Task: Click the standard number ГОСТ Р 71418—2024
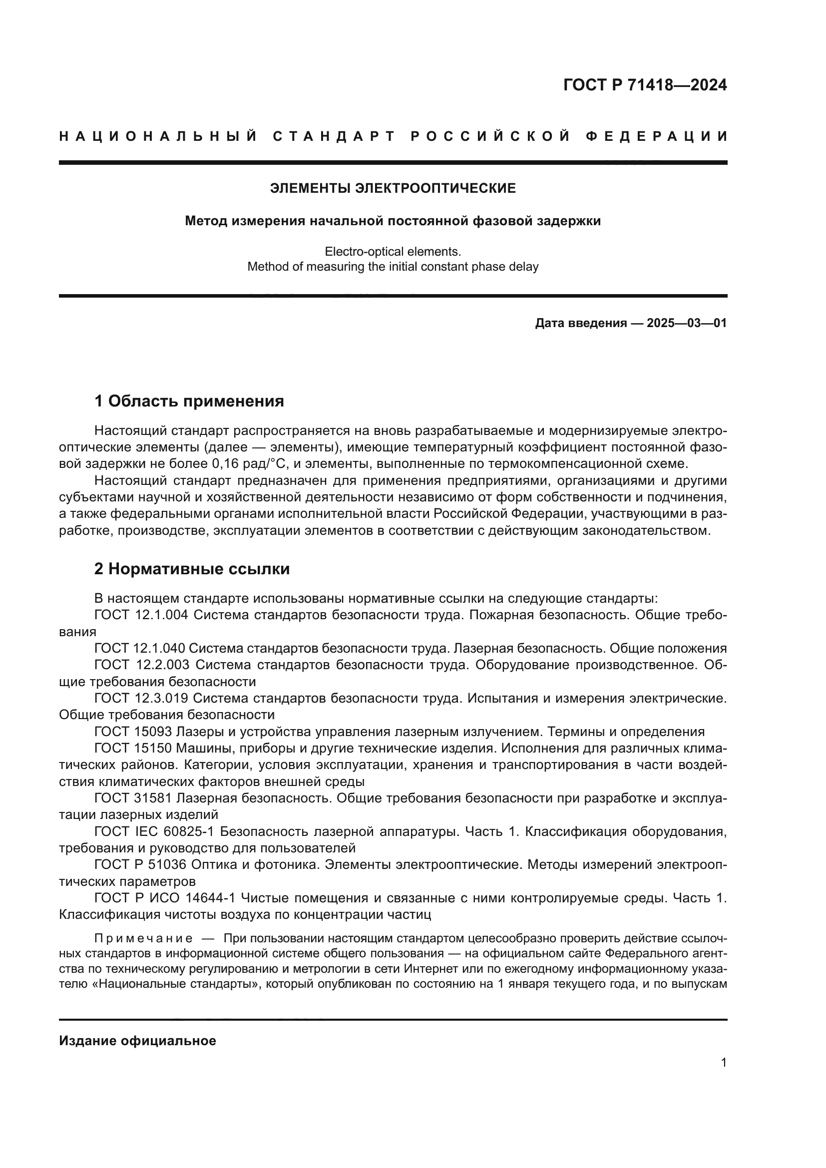[644, 85]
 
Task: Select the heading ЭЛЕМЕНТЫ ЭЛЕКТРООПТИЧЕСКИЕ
[393, 189]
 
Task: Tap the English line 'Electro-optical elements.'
[393, 251]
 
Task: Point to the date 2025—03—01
[687, 323]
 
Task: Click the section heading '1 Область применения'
[189, 401]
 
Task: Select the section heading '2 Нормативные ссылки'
[192, 569]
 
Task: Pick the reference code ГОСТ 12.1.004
[141, 615]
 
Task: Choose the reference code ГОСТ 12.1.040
[141, 649]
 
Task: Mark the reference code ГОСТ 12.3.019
[141, 699]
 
